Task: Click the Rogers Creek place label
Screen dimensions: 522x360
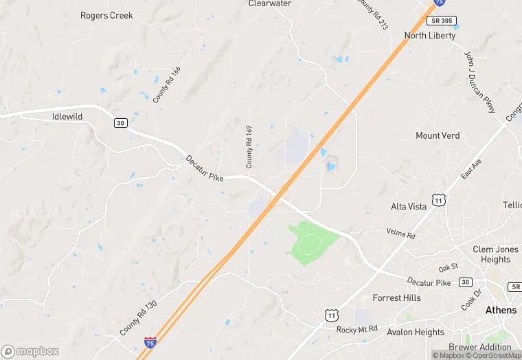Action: (x=106, y=15)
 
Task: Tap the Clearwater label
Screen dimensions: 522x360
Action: (x=270, y=3)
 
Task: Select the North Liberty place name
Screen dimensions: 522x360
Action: (x=430, y=36)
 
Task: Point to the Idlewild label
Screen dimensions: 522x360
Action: (x=67, y=117)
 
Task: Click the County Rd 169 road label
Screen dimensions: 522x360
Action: (x=249, y=146)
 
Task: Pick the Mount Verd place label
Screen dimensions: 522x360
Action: (x=438, y=136)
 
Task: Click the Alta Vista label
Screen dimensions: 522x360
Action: (x=409, y=207)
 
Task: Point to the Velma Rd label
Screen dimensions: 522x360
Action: (x=400, y=235)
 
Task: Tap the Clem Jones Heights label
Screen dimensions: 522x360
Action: (x=491, y=254)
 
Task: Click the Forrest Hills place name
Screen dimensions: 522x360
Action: (x=396, y=298)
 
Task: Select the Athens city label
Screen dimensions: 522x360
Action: (x=501, y=311)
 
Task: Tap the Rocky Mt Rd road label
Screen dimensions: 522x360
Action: (x=357, y=330)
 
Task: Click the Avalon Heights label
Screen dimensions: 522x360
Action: (x=416, y=333)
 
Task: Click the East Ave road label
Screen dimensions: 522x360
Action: (x=471, y=168)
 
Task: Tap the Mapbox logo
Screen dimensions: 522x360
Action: (x=30, y=351)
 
